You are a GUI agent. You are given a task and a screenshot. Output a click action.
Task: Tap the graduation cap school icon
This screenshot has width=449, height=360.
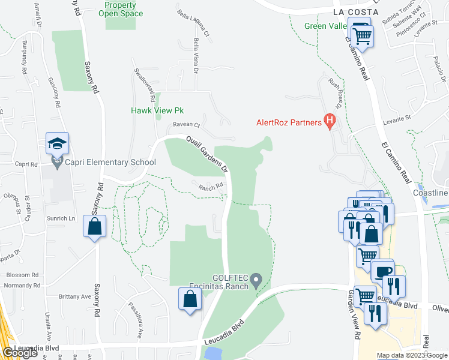tap(57, 143)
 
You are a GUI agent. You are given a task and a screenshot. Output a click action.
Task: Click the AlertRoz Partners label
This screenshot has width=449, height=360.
tap(289, 123)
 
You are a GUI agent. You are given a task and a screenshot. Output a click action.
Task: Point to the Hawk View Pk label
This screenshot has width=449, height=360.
tap(157, 111)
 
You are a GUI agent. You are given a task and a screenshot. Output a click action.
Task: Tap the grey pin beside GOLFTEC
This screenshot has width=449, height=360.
tap(257, 280)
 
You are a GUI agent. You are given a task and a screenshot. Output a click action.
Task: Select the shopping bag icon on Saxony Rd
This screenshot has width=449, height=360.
tap(94, 226)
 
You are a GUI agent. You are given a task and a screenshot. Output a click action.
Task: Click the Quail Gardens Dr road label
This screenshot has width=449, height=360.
tap(208, 153)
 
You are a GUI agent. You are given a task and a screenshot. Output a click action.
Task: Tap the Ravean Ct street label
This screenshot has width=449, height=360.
tap(186, 125)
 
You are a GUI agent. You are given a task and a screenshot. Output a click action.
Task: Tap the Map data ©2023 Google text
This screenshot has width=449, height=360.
tap(412, 355)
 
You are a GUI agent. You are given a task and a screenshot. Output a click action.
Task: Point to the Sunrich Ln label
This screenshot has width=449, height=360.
tap(61, 218)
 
